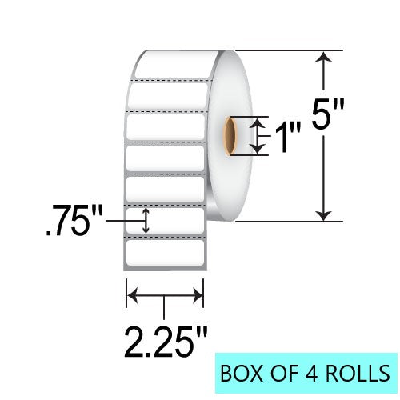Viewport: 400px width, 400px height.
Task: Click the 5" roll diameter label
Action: (x=328, y=114)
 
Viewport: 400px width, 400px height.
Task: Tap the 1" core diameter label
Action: (x=288, y=137)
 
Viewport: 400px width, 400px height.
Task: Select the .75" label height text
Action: (x=74, y=221)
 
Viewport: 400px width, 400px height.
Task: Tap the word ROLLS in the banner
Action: (x=358, y=373)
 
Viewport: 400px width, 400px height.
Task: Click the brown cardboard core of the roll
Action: (x=230, y=136)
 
